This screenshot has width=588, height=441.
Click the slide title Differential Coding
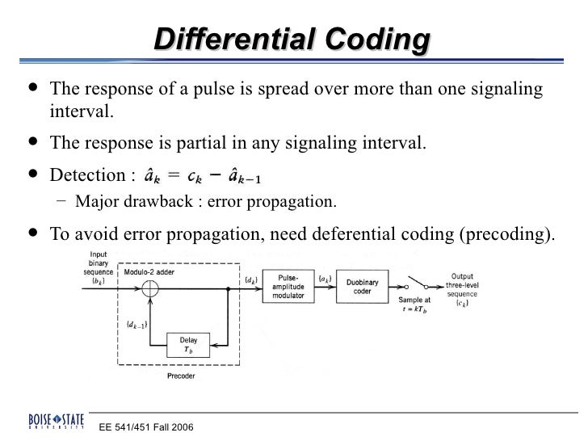[292, 39]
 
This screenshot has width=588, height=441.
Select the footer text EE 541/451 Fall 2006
[146, 426]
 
